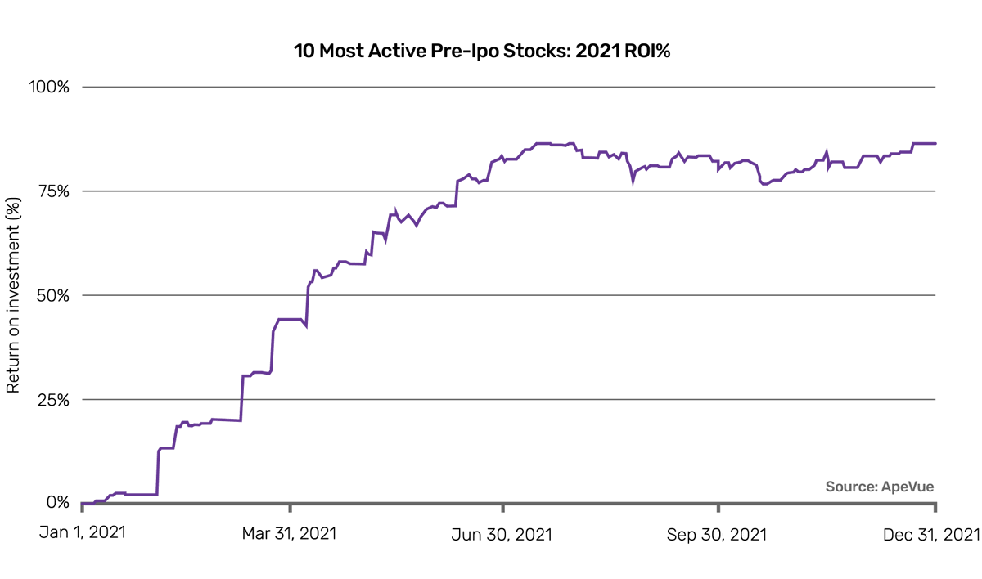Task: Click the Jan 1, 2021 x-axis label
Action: [83, 534]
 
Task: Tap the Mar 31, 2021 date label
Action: [289, 534]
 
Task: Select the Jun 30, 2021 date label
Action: [502, 534]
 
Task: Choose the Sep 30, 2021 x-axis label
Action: [717, 534]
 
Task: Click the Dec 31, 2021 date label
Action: [930, 534]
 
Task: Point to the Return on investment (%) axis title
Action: [13, 295]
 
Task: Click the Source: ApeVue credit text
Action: [879, 487]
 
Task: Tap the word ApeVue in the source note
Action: [907, 487]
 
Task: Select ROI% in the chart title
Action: [654, 51]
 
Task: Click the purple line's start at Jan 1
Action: [83, 503]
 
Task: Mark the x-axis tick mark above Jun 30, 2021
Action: [502, 509]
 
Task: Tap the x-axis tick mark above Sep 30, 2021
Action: [718, 509]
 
